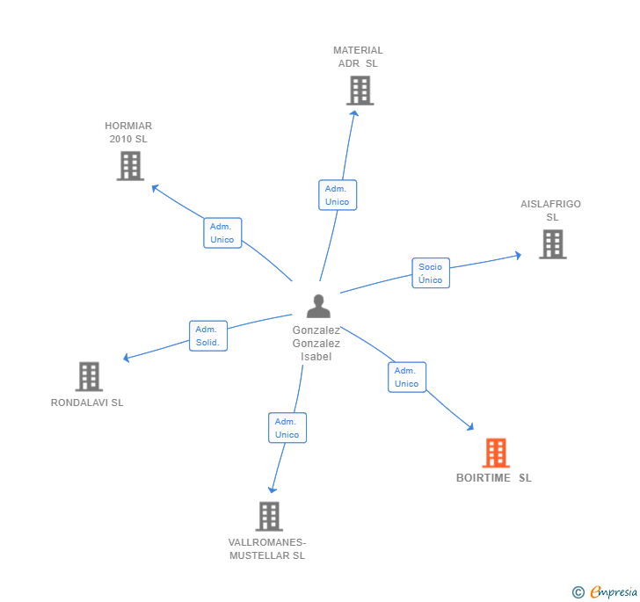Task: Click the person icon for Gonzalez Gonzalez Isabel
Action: click(x=318, y=306)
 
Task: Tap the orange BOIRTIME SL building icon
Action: click(x=496, y=453)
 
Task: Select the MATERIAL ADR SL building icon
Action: click(x=360, y=91)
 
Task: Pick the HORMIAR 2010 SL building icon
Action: click(x=130, y=165)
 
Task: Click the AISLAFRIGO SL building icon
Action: click(x=552, y=243)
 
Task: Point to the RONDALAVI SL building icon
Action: click(x=89, y=376)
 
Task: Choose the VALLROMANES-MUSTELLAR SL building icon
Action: click(x=269, y=516)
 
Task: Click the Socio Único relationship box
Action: click(x=431, y=273)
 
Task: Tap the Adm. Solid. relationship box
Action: click(x=208, y=336)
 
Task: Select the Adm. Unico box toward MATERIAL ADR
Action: click(x=337, y=195)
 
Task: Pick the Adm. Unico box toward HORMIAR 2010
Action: click(x=222, y=233)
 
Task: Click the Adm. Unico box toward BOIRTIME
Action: click(x=406, y=377)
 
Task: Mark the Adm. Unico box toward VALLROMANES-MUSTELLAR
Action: click(x=287, y=428)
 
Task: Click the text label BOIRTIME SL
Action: click(x=494, y=478)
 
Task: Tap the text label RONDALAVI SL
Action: click(x=87, y=403)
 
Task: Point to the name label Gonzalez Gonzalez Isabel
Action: click(x=316, y=344)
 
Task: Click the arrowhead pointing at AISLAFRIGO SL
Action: click(x=518, y=255)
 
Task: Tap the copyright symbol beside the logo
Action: click(x=578, y=592)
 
